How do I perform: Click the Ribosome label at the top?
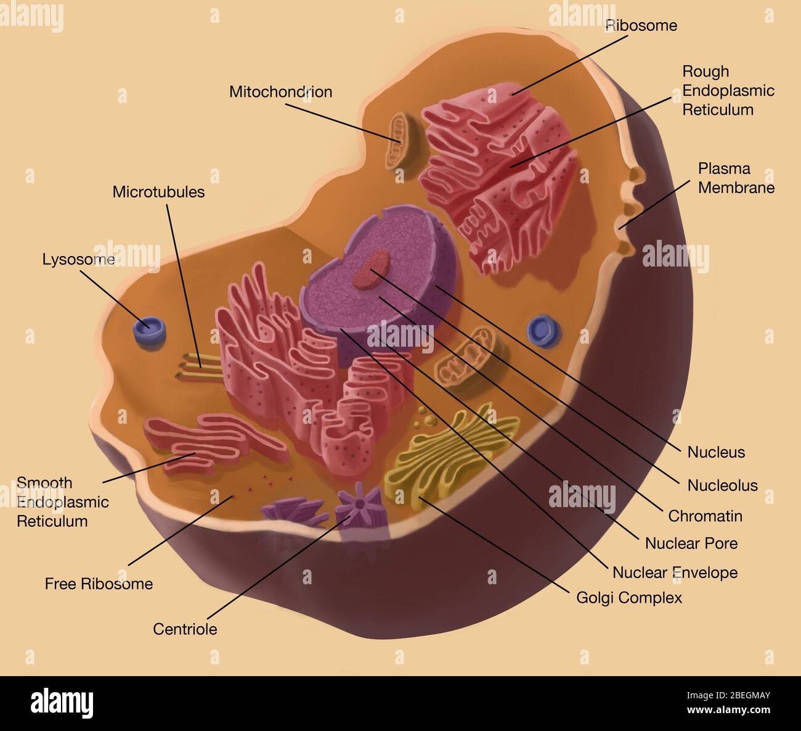(641, 25)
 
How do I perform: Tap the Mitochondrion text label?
(280, 92)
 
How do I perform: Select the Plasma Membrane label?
(736, 178)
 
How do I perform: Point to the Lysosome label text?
(78, 259)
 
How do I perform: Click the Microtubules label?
(158, 192)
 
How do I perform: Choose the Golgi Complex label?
(628, 597)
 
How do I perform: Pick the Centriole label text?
(185, 629)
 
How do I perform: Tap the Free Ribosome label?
(99, 584)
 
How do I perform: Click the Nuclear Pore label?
(691, 543)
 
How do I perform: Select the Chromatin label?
(705, 516)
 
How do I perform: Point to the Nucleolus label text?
(722, 485)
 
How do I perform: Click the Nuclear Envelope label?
(675, 572)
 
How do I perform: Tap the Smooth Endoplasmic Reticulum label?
(62, 502)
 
